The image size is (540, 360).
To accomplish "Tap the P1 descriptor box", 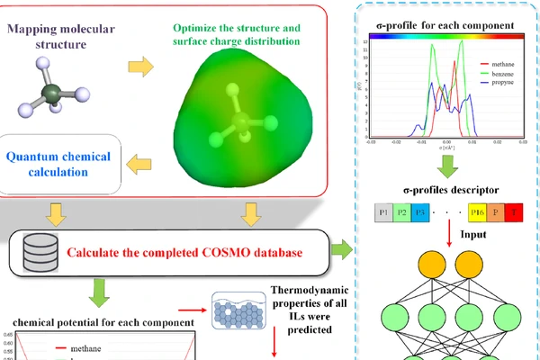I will [x=386, y=212].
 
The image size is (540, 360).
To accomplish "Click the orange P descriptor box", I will [x=499, y=212].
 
